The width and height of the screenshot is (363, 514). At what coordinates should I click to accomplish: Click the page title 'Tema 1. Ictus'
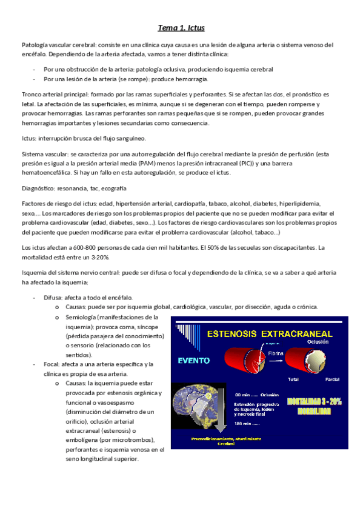pyautogui.click(x=181, y=28)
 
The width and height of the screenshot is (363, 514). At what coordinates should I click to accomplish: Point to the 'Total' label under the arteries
pyautogui.click(x=293, y=379)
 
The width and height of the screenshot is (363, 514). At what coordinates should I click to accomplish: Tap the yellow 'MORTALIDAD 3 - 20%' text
pyautogui.click(x=319, y=401)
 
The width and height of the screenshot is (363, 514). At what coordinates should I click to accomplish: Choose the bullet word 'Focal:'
pyautogui.click(x=52, y=364)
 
